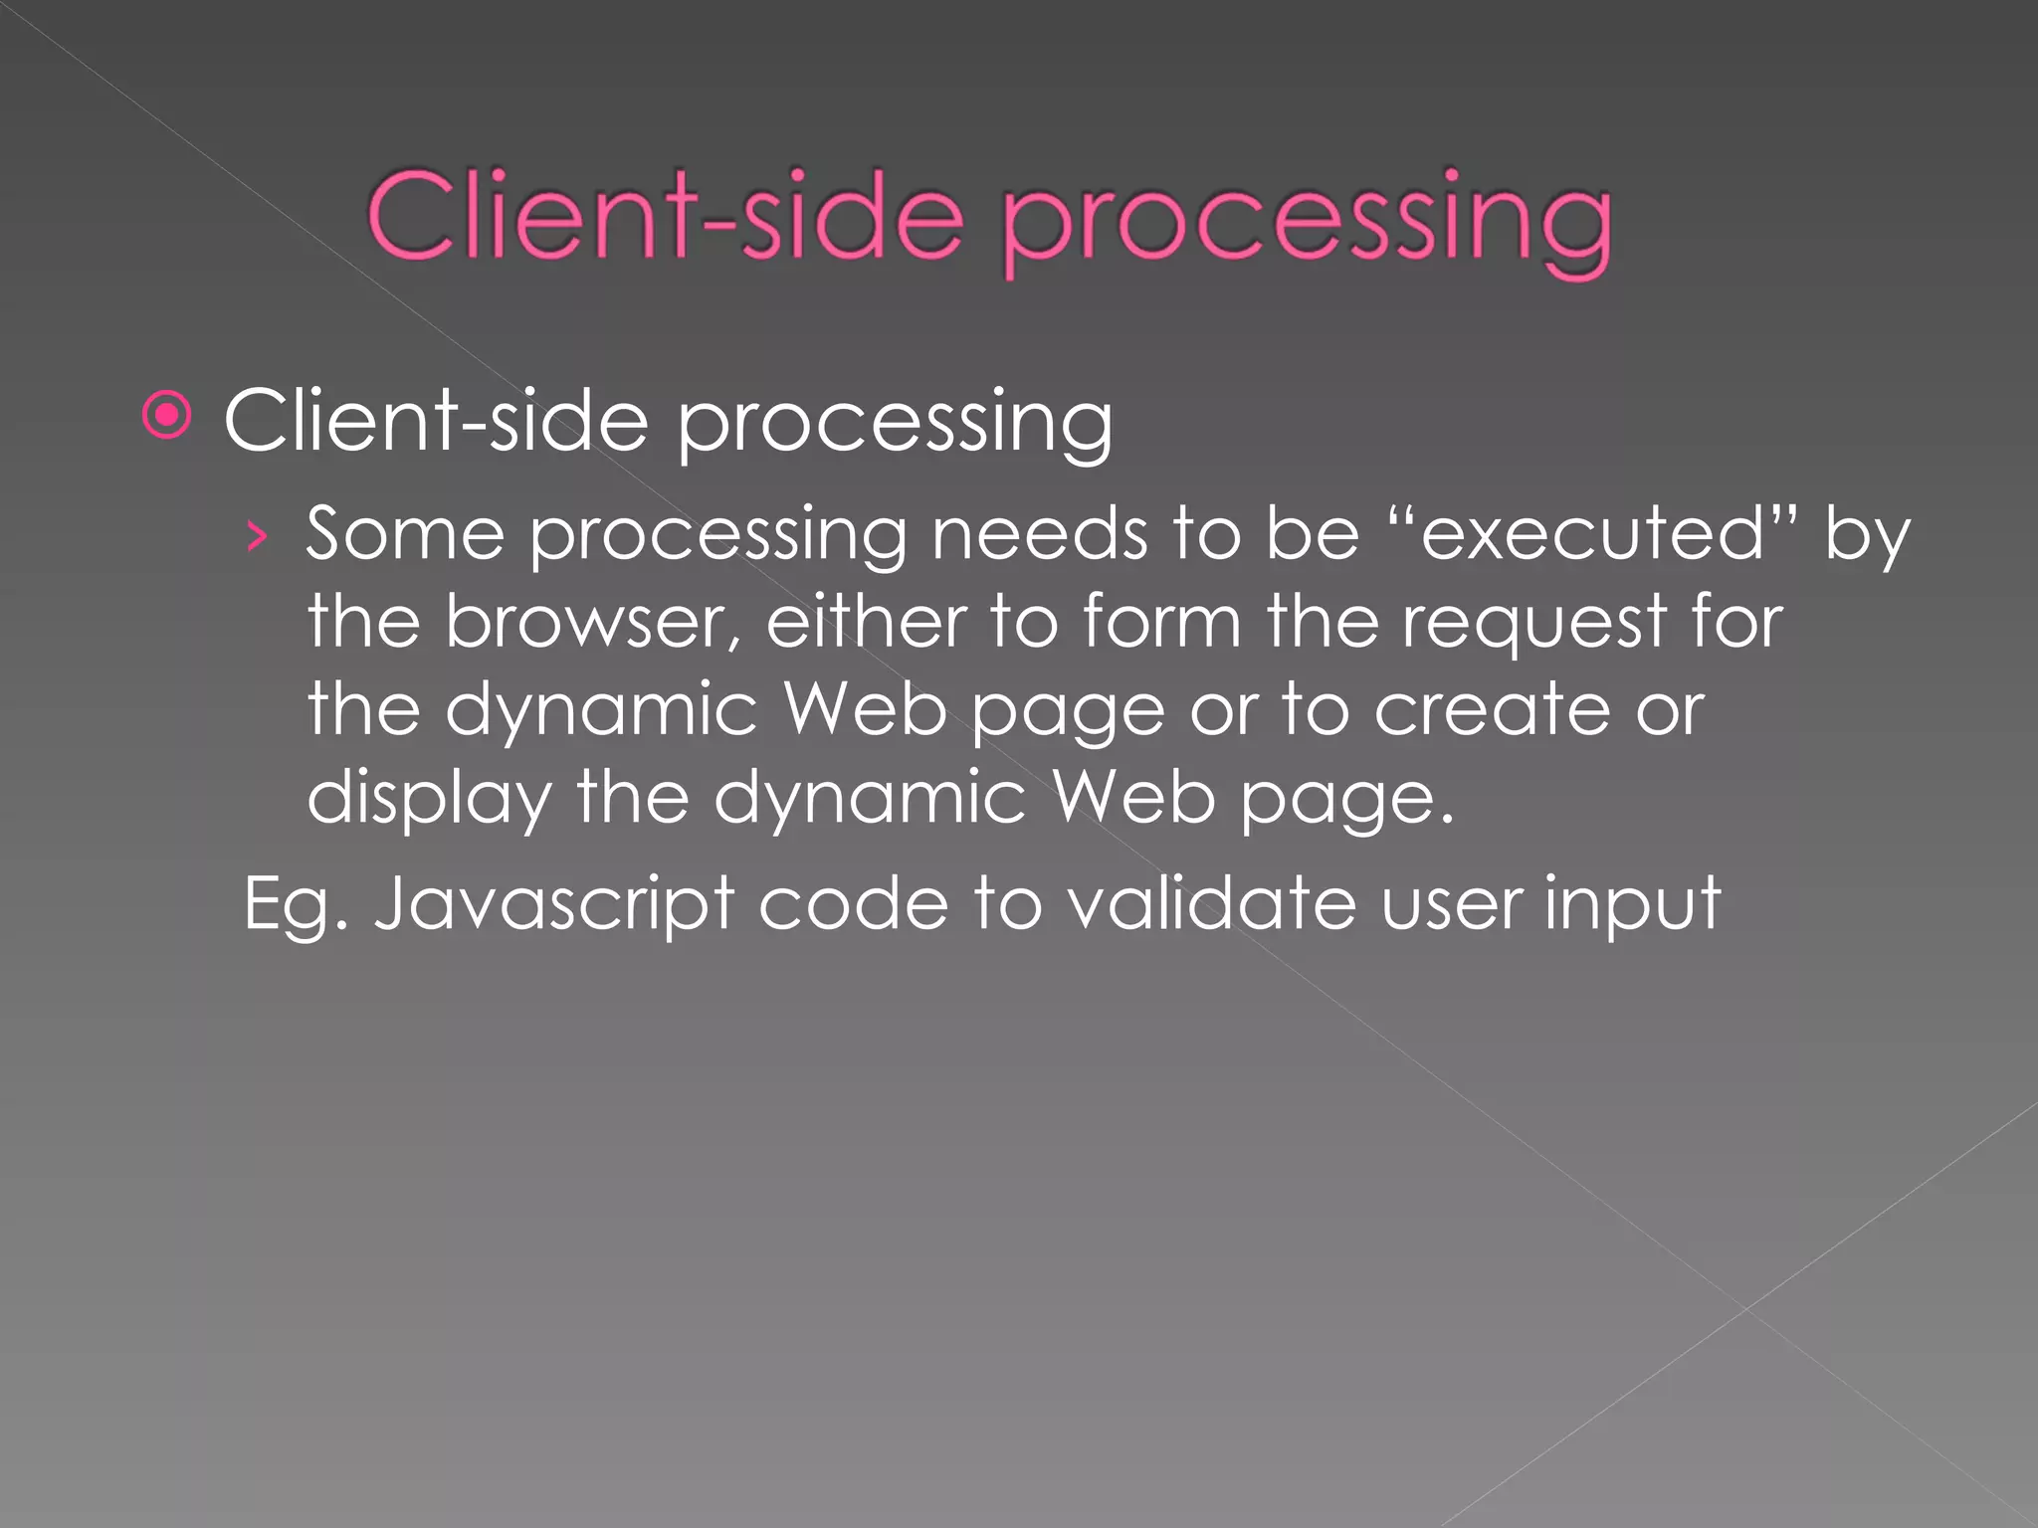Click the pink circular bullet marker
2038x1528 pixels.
coord(166,416)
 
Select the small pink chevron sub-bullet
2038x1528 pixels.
coord(258,538)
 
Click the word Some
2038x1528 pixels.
coord(405,535)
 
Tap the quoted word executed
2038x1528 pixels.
coord(1592,535)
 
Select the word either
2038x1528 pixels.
coord(866,622)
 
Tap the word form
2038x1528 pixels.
coord(1161,622)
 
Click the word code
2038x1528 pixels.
coord(853,903)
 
